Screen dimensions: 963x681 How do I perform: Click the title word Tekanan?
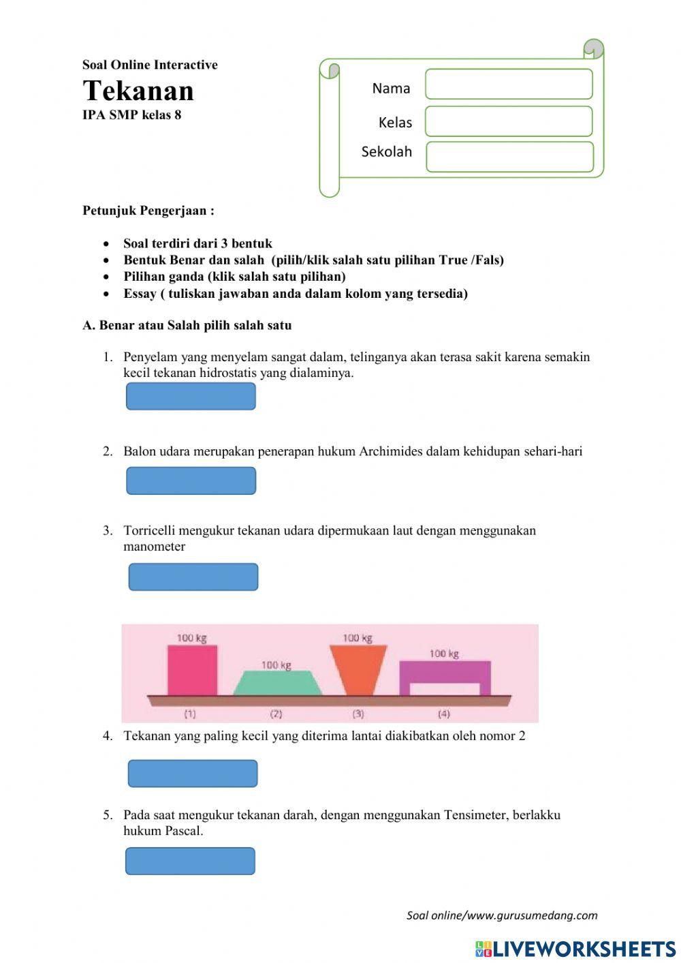[x=138, y=91]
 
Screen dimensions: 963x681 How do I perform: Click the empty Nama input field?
[x=509, y=85]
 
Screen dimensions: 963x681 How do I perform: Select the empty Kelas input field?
[x=509, y=121]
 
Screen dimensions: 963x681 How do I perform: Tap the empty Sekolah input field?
[x=509, y=157]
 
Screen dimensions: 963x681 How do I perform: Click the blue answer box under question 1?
[x=191, y=396]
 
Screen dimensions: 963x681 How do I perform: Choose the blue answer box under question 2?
[x=191, y=480]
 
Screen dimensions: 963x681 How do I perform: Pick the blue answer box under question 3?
[x=193, y=577]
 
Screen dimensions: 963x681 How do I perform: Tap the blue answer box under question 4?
[x=193, y=774]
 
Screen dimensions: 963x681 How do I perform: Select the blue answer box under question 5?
[x=190, y=861]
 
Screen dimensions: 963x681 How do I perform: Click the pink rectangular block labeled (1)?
[x=192, y=671]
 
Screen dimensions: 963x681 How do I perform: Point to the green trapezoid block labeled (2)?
[x=277, y=684]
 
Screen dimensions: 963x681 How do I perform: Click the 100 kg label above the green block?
[x=276, y=664]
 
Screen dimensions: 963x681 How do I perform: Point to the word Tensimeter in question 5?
[x=476, y=814]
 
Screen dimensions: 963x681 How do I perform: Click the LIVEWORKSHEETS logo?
[x=575, y=949]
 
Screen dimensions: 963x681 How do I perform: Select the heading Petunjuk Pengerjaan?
[x=148, y=211]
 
